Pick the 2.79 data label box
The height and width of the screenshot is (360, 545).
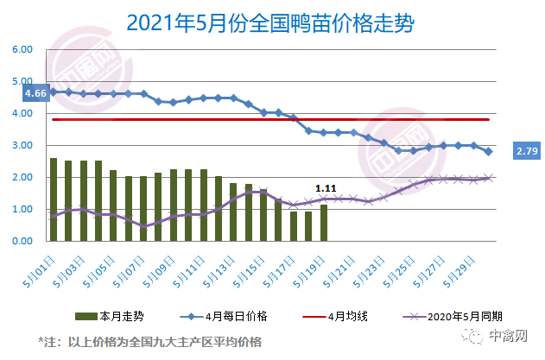coord(526,152)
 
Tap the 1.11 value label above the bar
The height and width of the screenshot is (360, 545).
coord(326,187)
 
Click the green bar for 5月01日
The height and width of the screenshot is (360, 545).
coord(54,199)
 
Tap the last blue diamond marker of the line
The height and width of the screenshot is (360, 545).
coord(489,151)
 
